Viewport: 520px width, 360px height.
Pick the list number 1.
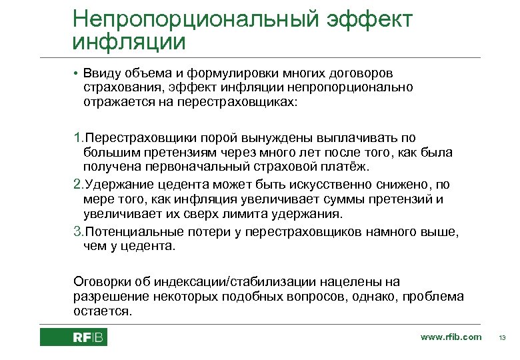pos(77,139)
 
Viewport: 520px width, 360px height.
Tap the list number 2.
pos(77,185)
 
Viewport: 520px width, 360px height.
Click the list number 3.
pos(77,231)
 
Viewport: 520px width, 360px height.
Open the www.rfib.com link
pos(451,337)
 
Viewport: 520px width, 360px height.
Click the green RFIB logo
pos(73,337)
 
